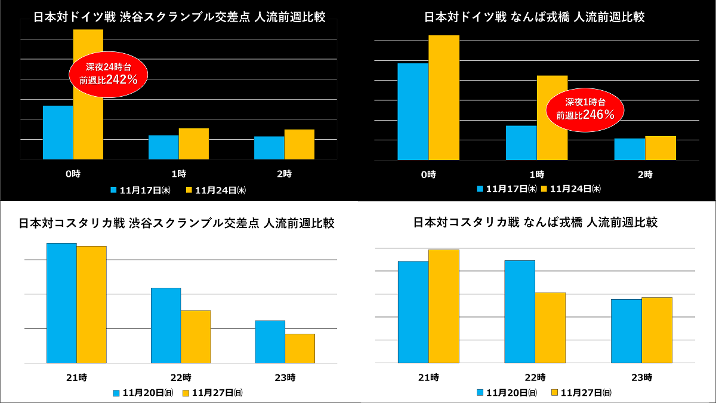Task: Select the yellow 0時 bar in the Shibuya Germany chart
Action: (88, 131)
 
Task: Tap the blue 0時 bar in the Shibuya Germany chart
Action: (58, 133)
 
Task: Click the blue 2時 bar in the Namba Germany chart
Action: (629, 149)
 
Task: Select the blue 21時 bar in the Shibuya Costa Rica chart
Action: (61, 303)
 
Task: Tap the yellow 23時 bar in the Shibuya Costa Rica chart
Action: (300, 348)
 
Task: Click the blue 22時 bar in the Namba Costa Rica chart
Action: (520, 312)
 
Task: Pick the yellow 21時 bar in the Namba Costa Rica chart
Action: (443, 306)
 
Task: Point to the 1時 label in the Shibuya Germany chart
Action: (178, 174)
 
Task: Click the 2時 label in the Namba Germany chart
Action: (644, 175)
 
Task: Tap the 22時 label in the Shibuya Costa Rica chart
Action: (181, 377)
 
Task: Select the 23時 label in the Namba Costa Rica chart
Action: (642, 377)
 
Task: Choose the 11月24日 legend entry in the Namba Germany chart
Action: (571, 189)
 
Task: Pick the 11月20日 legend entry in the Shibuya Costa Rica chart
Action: (143, 393)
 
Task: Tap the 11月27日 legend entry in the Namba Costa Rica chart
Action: (575, 393)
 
